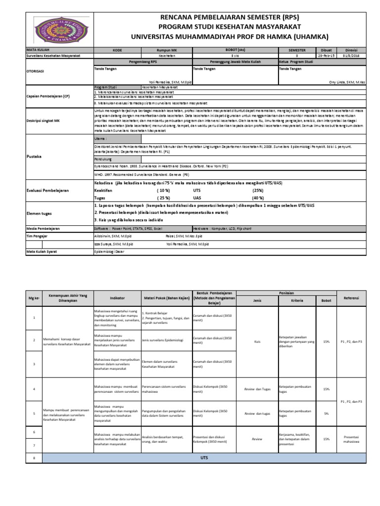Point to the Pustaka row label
(34, 156)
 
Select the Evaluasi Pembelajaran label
(48, 190)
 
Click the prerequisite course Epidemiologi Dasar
(110, 252)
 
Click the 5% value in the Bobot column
(326, 413)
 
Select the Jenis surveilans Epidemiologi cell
(162, 340)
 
